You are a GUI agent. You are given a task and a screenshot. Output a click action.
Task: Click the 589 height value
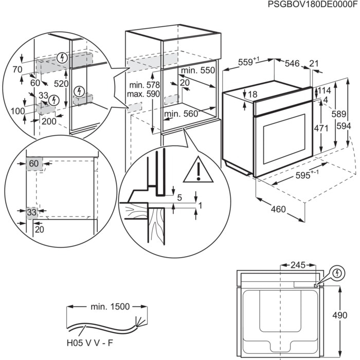(x=337, y=116)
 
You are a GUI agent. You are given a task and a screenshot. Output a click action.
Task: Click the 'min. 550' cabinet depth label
(x=197, y=70)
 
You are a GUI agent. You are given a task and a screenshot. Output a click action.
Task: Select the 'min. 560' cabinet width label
(x=181, y=114)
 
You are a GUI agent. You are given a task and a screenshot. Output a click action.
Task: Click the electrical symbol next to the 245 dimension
(x=337, y=273)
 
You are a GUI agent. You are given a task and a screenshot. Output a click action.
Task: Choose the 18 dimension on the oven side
(x=252, y=94)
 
